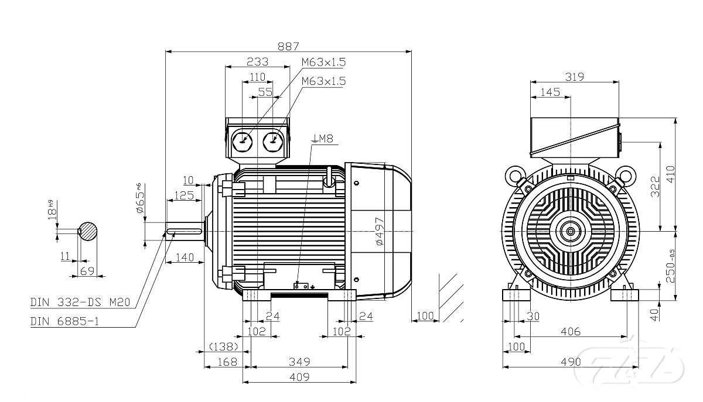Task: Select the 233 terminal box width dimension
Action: coord(257,61)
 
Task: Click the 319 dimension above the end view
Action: coord(574,77)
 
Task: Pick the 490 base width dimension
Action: coord(570,362)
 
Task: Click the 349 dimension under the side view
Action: coord(299,362)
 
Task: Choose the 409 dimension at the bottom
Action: coord(299,377)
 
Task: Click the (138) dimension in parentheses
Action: coord(223,346)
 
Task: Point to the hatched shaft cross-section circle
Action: coord(88,231)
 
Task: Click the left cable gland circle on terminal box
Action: coord(243,140)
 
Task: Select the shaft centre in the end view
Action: coord(570,231)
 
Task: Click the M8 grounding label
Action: coord(323,139)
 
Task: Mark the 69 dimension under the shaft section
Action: coord(87,270)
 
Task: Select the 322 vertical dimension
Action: coord(656,187)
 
